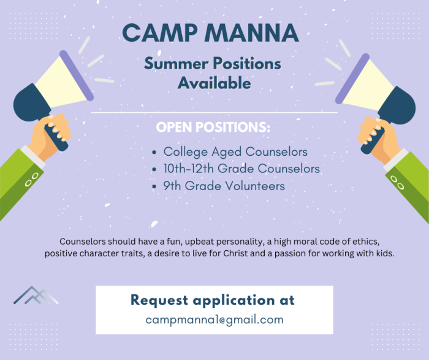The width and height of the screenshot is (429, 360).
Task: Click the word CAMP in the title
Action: coord(159,33)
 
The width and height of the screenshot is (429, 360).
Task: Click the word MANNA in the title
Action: coord(252,33)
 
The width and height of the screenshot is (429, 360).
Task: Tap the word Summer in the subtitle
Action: coord(177,64)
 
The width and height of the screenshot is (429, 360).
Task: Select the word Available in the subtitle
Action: coord(214,83)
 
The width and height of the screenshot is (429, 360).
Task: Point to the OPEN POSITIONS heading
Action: coord(213,127)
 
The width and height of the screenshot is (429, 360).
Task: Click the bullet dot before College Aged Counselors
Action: coord(154,152)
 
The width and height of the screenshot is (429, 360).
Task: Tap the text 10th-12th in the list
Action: coord(188,169)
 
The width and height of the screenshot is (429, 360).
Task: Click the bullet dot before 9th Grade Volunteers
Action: coord(154,186)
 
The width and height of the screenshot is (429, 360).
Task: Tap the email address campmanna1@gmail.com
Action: coord(214,320)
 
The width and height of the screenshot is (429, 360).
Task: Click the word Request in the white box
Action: coord(159,301)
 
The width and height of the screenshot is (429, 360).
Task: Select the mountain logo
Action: coord(36,295)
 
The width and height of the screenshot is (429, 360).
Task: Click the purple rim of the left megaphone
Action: coord(77,75)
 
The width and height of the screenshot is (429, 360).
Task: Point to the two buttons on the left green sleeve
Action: coord(31,180)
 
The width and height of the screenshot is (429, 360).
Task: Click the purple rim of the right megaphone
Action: coord(352,79)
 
